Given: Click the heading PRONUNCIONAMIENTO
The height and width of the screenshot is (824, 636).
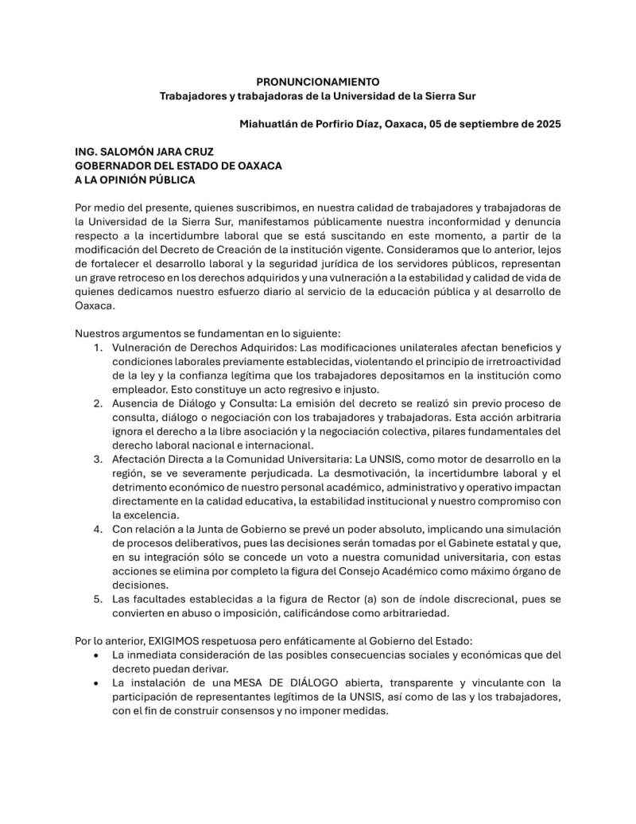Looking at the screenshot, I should click(x=318, y=82).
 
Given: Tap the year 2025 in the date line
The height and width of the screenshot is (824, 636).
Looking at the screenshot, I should click(x=547, y=124).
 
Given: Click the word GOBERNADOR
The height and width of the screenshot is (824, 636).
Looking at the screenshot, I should click(x=112, y=165).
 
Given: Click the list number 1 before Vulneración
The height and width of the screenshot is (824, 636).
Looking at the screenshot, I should click(x=96, y=348).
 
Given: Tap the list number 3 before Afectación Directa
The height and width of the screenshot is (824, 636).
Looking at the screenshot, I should click(x=96, y=459).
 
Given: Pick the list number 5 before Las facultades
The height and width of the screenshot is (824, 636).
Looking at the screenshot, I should click(x=96, y=599).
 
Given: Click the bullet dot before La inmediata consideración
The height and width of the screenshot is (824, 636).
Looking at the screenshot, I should click(x=96, y=655).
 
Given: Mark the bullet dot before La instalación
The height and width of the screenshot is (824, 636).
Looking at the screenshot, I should click(x=96, y=683).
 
